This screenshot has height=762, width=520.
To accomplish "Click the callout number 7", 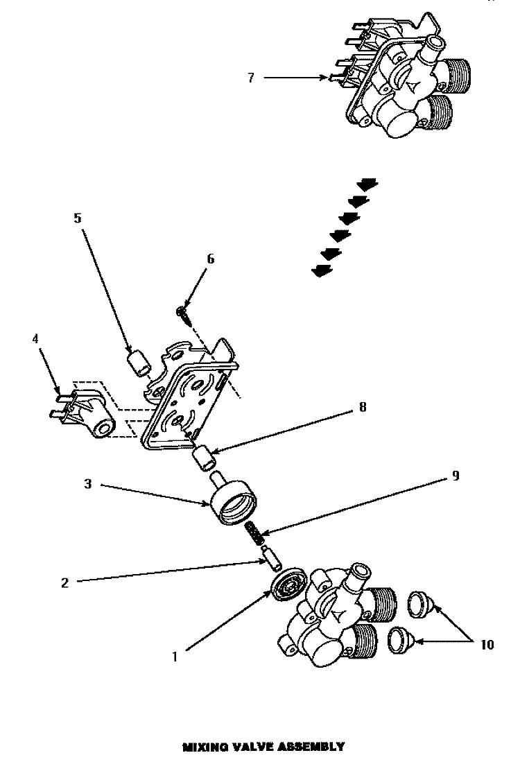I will coord(250,78).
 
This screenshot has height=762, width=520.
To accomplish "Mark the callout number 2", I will coord(64,583).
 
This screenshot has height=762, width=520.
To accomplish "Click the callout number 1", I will coord(175,657).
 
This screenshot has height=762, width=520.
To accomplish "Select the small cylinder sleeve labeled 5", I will coord(139,364).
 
